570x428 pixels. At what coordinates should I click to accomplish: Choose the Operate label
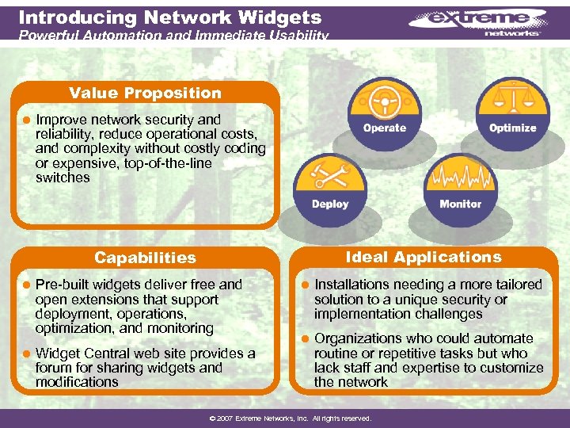pyautogui.click(x=385, y=128)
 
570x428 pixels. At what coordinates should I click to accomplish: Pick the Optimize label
pyautogui.click(x=512, y=128)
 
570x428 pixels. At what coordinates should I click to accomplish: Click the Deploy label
pyautogui.click(x=330, y=204)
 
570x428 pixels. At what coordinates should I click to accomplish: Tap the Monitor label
pyautogui.click(x=460, y=204)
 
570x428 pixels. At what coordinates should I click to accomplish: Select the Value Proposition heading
pyautogui.click(x=145, y=93)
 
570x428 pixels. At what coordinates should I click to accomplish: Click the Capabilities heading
pyautogui.click(x=145, y=258)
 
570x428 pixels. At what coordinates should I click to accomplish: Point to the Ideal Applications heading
pyautogui.click(x=424, y=257)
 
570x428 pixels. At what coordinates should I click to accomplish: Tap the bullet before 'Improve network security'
pyautogui.click(x=25, y=120)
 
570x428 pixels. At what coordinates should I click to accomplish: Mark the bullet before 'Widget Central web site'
pyautogui.click(x=25, y=353)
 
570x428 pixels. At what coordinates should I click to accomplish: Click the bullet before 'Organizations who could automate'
pyautogui.click(x=304, y=339)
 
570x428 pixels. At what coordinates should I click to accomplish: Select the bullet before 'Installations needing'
pyautogui.click(x=304, y=285)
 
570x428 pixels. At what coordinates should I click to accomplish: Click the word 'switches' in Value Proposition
pyautogui.click(x=63, y=178)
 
